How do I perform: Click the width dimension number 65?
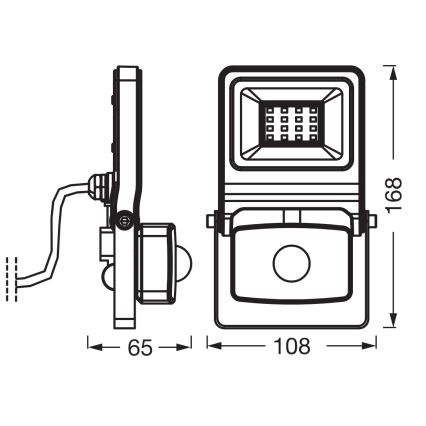click(x=140, y=349)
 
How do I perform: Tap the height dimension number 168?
click(x=397, y=198)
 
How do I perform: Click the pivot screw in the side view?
click(x=123, y=221)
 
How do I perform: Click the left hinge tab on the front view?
click(x=210, y=221)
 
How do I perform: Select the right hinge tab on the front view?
click(x=369, y=221)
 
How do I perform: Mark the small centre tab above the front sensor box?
click(x=289, y=214)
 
